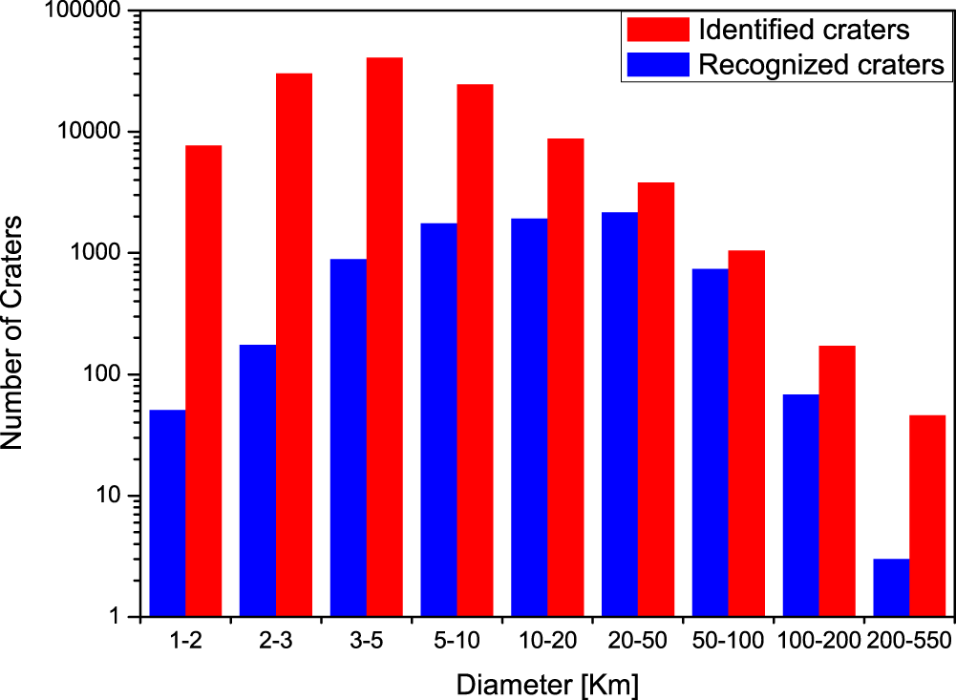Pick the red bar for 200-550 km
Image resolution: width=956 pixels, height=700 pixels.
coord(927,516)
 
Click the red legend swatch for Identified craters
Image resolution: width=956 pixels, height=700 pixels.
coord(657,30)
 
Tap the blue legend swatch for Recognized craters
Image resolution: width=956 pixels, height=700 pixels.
coord(657,65)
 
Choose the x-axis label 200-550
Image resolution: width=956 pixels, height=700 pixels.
coord(908,641)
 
